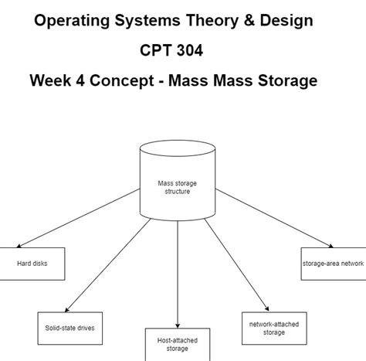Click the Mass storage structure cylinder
click(x=177, y=186)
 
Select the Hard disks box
click(x=32, y=264)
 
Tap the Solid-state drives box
click(x=69, y=327)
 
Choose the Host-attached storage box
click(x=178, y=344)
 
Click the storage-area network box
click(x=333, y=264)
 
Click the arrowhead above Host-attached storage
click(x=178, y=325)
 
